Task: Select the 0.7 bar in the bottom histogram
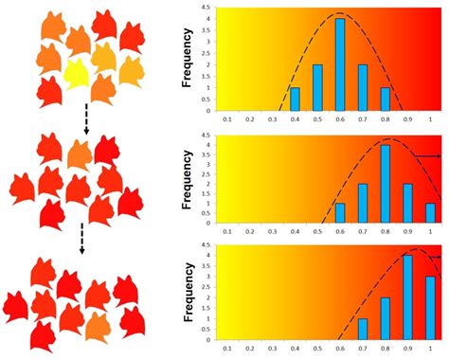[362, 329]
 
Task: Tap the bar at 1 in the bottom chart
[430, 307]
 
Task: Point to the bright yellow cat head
[76, 73]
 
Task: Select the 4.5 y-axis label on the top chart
[206, 9]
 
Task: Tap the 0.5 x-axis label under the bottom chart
[317, 352]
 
